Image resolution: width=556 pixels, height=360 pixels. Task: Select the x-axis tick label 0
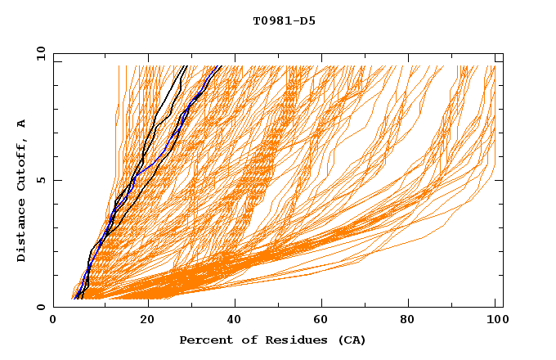(53, 320)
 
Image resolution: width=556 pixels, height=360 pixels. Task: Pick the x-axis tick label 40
(235, 320)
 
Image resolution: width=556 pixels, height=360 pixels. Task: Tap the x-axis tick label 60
(324, 320)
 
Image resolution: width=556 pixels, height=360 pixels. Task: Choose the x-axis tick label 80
(412, 320)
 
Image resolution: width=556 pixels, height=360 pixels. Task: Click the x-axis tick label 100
(495, 320)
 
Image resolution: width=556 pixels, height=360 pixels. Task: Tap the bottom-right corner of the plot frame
(503, 307)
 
